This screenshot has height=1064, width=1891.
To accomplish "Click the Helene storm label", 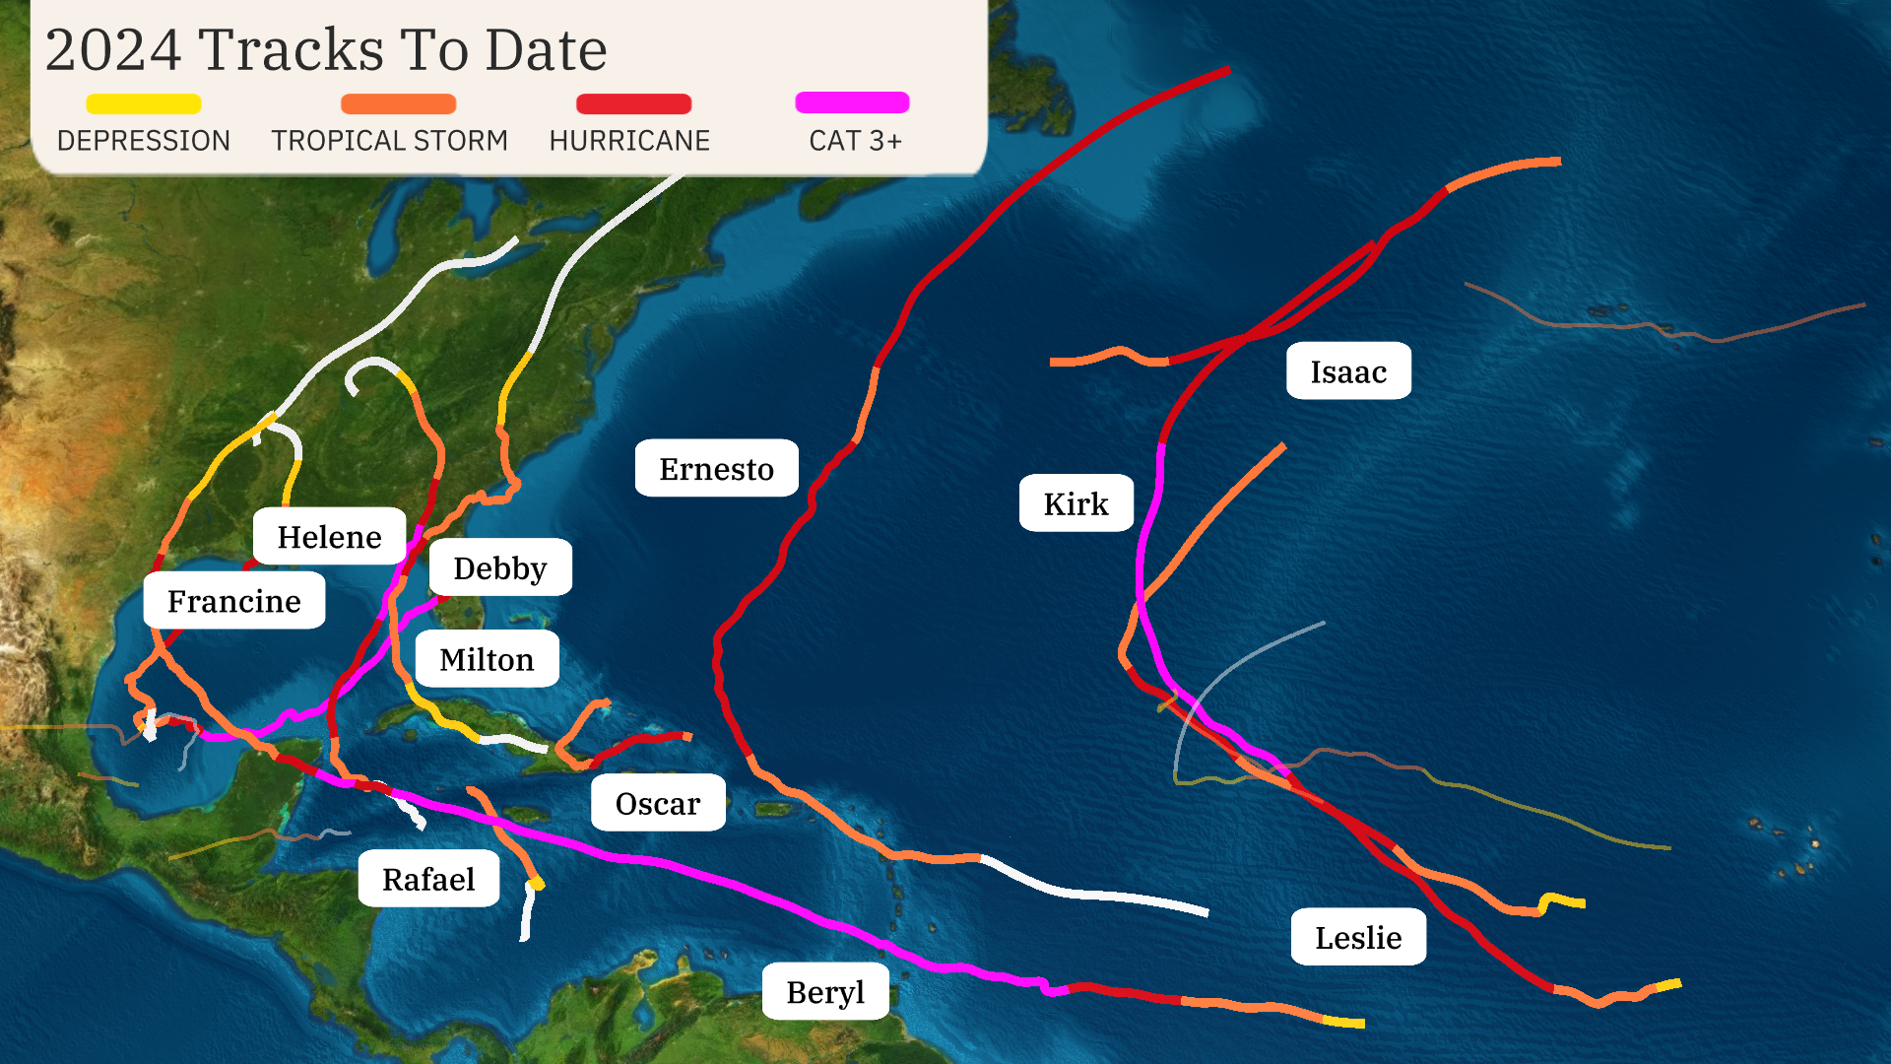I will click(329, 537).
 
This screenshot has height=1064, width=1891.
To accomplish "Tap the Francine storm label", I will click(234, 601).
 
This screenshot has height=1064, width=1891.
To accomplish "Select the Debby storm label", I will click(500, 568).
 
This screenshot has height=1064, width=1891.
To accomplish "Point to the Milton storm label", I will click(487, 659).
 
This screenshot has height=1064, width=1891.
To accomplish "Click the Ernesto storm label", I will click(716, 469).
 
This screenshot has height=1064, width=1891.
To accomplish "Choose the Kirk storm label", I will click(1076, 503).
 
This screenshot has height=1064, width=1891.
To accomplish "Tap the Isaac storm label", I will click(1348, 371).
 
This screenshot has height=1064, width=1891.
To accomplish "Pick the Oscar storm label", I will click(658, 804).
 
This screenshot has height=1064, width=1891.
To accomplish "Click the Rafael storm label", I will click(428, 879).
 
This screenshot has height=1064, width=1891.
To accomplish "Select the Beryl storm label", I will click(825, 992).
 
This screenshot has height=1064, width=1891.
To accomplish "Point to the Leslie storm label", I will click(1358, 937).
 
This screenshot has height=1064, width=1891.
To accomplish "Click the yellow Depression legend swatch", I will click(144, 103).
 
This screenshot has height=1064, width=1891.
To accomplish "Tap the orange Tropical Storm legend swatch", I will click(398, 103).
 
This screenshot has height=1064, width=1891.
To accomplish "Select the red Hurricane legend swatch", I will click(633, 103).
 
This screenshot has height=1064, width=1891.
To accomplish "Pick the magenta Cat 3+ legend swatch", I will click(852, 102).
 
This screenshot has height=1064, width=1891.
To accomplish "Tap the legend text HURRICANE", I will click(629, 141).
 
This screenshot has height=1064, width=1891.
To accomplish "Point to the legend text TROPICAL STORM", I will click(390, 141).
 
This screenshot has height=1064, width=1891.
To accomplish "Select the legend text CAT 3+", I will click(855, 141).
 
